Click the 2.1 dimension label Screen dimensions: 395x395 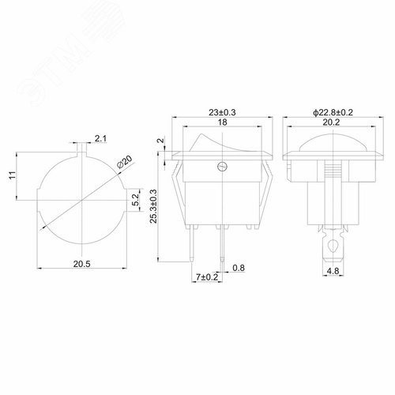pyautogui.click(x=100, y=138)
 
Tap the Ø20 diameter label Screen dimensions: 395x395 pyautogui.click(x=124, y=162)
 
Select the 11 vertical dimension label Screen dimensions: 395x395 pyautogui.click(x=13, y=175)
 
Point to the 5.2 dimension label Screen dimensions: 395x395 pyautogui.click(x=135, y=200)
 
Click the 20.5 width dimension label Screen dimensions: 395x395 pyautogui.click(x=82, y=264)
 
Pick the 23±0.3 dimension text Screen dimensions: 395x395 pyautogui.click(x=222, y=112)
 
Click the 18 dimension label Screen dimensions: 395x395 pyautogui.click(x=222, y=122)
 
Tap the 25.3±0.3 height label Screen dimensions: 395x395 pyautogui.click(x=153, y=206)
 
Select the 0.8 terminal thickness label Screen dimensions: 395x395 pyautogui.click(x=239, y=268)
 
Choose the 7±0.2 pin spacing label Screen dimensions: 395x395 pyautogui.click(x=207, y=277)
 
